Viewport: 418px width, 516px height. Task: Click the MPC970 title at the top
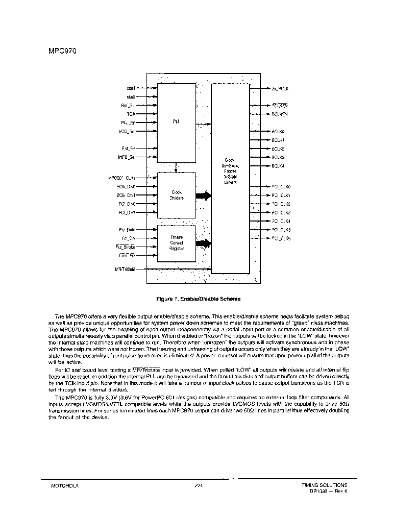(x=62, y=51)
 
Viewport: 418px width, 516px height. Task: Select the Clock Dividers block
(x=176, y=195)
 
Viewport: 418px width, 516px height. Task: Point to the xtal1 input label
(x=131, y=88)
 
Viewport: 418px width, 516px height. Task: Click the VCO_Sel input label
(x=127, y=131)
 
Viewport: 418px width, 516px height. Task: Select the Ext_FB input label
(x=129, y=149)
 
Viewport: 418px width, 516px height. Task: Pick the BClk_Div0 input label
(x=126, y=187)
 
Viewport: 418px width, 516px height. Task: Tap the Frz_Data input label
(x=128, y=230)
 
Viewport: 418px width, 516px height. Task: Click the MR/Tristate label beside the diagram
(x=126, y=269)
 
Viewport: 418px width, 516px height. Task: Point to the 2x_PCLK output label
(x=280, y=89)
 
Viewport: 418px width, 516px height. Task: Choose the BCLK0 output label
(x=278, y=131)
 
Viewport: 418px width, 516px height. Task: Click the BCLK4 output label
(x=278, y=166)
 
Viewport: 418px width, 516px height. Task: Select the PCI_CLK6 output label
(x=281, y=238)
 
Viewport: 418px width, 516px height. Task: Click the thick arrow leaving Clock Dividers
(x=203, y=195)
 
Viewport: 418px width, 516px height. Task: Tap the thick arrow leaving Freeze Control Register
(x=203, y=243)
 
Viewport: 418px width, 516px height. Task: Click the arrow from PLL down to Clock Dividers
(x=176, y=167)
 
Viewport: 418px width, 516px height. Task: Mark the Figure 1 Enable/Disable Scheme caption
(x=199, y=299)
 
